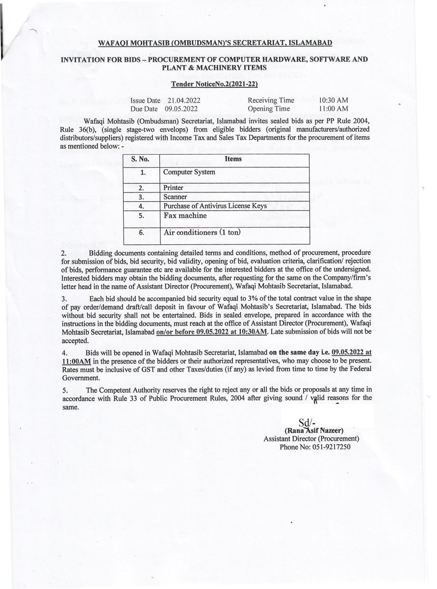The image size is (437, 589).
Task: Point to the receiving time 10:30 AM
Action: click(334, 100)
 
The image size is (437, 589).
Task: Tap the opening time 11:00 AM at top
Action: click(334, 108)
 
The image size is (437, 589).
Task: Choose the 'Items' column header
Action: click(233, 160)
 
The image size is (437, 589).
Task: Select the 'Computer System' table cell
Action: click(189, 172)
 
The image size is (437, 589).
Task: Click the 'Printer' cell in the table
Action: click(173, 187)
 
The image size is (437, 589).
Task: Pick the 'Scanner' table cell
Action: click(175, 197)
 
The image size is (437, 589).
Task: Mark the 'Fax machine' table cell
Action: click(185, 215)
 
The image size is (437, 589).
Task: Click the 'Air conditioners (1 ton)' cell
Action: click(202, 233)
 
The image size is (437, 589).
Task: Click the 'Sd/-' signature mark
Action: click(307, 423)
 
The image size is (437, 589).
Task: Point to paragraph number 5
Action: click(64, 390)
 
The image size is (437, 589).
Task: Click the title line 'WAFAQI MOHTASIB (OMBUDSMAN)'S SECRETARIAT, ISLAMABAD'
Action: click(215, 43)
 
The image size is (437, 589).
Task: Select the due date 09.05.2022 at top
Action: click(181, 108)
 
